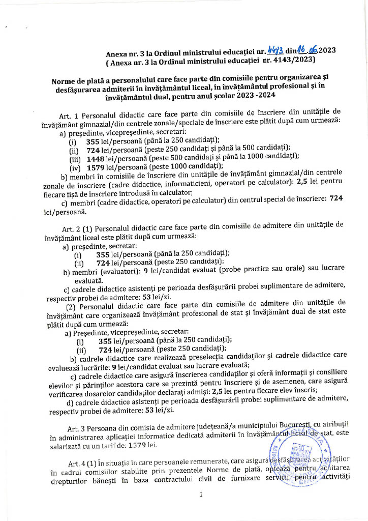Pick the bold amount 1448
[97, 157]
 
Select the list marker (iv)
[75, 166]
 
